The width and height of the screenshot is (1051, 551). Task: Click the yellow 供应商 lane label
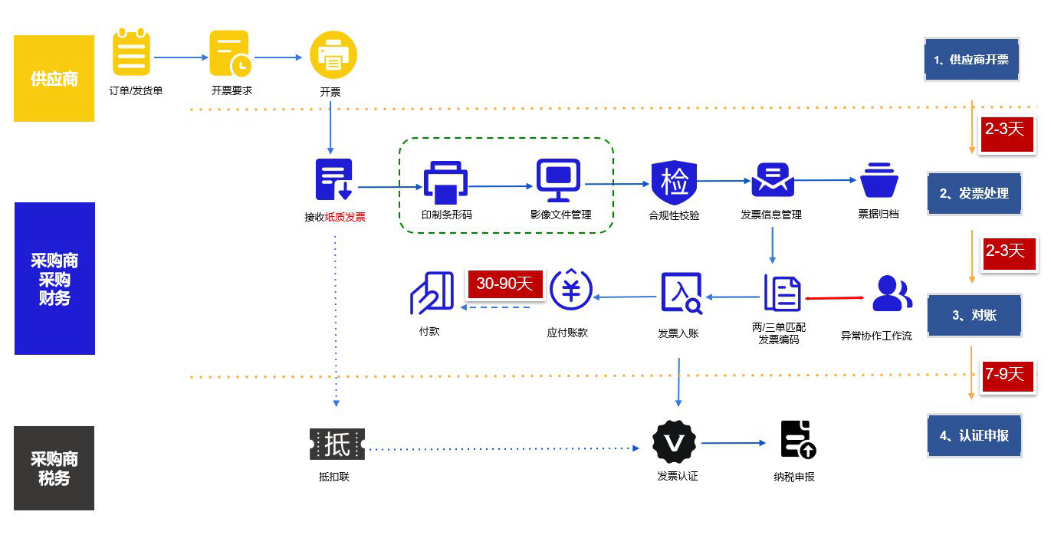coord(54,78)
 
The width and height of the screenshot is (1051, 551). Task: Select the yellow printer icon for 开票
coord(333,54)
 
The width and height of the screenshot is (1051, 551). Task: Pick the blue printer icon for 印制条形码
coord(445,182)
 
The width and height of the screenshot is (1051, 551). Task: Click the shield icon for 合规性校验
coord(674,182)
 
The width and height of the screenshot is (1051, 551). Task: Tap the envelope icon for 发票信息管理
coord(772,180)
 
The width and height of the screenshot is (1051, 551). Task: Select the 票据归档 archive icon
coord(879,181)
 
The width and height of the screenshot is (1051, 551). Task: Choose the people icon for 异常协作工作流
coord(892,294)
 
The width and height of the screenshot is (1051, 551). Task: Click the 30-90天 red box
coord(504,284)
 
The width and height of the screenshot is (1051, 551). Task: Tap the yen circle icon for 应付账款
coord(571,291)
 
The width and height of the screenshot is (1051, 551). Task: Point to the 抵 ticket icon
coord(337,444)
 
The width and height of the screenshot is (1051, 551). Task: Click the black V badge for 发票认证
coord(674,441)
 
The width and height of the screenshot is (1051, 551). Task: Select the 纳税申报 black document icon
coord(797,440)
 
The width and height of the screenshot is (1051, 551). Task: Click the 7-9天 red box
coord(1004,374)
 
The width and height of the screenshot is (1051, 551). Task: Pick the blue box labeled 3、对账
coord(974,315)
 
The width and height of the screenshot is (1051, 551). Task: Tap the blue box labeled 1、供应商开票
coord(971,59)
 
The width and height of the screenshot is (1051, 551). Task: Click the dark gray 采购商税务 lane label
coord(54,468)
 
